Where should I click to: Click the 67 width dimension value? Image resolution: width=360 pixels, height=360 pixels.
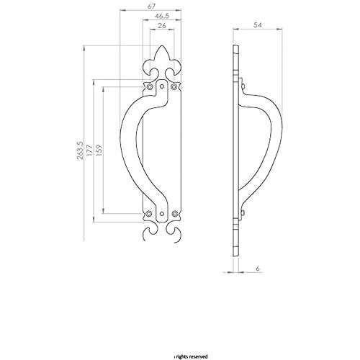tap(151, 6)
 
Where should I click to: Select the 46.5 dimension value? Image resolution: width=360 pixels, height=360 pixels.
tap(162, 16)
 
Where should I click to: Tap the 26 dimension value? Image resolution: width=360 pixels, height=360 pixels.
tap(162, 25)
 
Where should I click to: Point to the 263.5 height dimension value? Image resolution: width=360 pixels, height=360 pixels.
tap(80, 150)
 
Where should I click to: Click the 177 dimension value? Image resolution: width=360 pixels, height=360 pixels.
tap(89, 150)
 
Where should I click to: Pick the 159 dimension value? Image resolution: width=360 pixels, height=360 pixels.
tap(99, 150)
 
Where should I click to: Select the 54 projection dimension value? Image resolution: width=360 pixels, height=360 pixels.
tap(258, 25)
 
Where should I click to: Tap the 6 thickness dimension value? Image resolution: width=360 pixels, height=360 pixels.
tap(258, 269)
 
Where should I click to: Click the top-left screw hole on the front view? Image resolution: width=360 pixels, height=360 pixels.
tap(150, 86)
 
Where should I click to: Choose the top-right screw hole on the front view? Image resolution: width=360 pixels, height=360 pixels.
tap(174, 86)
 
